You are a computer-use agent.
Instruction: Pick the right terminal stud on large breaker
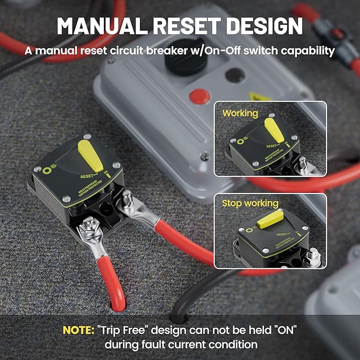coord(127,199)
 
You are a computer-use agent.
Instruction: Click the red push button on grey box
coord(199,96)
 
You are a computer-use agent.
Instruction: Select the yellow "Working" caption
coord(240,113)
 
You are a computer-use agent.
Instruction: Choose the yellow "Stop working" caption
coord(250,203)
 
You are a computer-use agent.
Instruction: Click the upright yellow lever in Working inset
coord(275,130)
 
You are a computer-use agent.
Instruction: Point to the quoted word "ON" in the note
coord(284,330)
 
